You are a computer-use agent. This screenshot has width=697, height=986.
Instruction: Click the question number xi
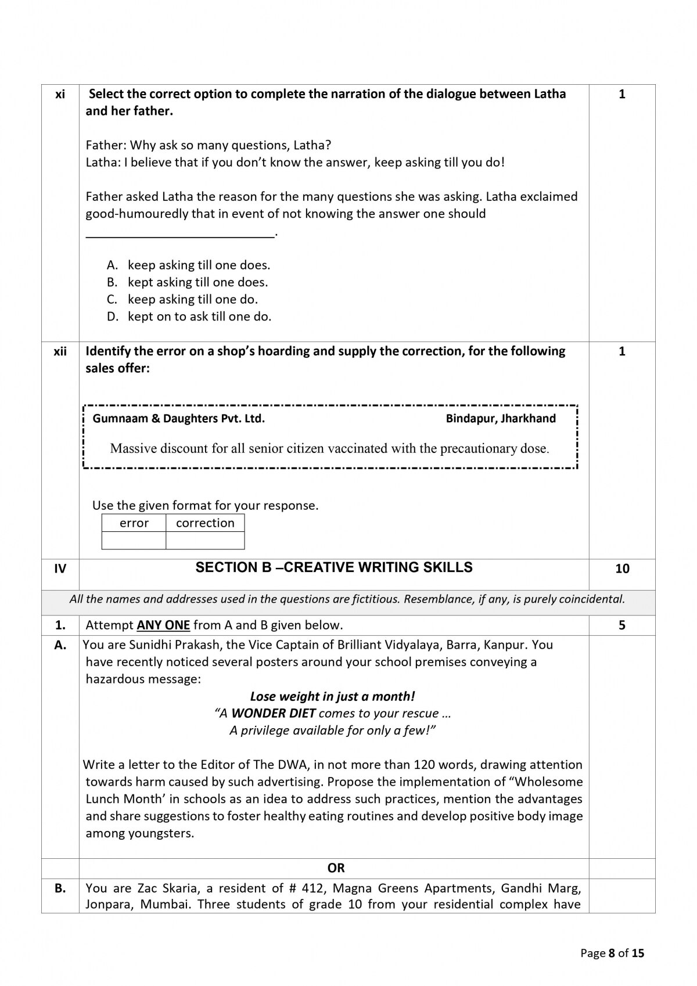tap(60, 94)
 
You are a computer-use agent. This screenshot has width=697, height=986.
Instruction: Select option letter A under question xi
tap(112, 265)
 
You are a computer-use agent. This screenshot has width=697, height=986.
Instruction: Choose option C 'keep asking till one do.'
tap(192, 300)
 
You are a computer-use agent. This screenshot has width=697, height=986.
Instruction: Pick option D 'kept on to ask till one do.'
tap(199, 316)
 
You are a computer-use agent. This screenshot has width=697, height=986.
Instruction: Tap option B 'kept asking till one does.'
tap(197, 282)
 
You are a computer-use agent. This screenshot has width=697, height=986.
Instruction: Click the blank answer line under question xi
tap(180, 235)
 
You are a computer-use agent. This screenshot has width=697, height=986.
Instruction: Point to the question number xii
tap(60, 351)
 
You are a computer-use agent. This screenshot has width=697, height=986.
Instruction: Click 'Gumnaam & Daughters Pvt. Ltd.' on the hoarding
tap(179, 419)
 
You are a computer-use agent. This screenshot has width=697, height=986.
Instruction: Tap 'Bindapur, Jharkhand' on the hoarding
tap(501, 419)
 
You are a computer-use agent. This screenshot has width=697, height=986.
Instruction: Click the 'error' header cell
tap(134, 523)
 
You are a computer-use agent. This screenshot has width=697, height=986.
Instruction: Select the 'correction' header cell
tap(205, 523)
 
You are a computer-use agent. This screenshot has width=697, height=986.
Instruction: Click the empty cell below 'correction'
tap(205, 541)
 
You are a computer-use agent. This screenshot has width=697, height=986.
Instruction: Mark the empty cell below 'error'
tap(134, 541)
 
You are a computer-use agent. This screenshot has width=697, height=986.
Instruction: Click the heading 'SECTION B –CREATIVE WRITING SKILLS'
tap(334, 568)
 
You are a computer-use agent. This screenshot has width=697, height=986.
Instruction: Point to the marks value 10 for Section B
tap(622, 569)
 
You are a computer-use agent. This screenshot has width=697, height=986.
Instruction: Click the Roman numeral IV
tap(60, 569)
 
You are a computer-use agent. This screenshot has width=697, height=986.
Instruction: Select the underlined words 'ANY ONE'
tap(163, 625)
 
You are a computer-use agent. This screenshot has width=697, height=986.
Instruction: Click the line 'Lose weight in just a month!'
tap(332, 696)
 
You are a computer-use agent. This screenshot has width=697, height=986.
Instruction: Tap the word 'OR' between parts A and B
tap(336, 868)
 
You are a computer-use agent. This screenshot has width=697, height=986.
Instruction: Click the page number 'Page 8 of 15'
tap(612, 953)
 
